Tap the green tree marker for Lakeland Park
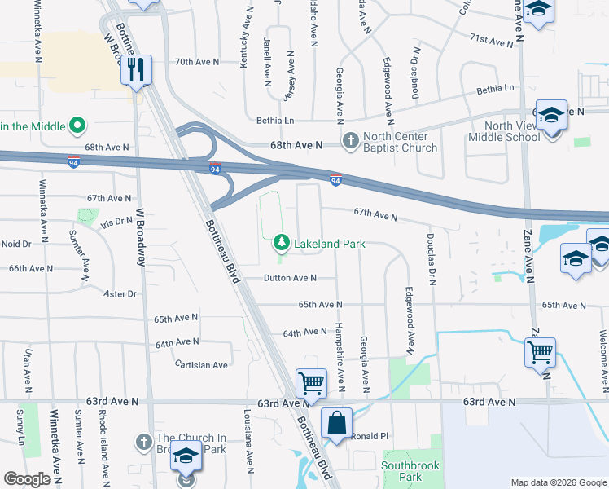281,242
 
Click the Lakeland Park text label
329,243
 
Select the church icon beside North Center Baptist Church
351,141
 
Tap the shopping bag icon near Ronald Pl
336,424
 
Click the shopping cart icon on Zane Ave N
540,353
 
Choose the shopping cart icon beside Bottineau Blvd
311,382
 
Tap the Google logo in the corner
27,479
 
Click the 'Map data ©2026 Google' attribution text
558,482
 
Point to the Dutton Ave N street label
289,278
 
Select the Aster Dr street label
120,293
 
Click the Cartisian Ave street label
202,365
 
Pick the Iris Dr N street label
116,222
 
